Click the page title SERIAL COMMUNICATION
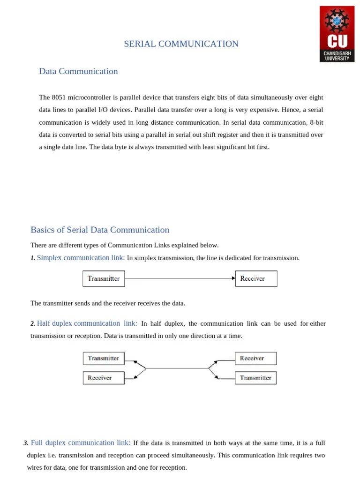tap(181, 44)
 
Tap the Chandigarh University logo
tap(337, 34)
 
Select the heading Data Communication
tap(78, 71)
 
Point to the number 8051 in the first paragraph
tap(59, 97)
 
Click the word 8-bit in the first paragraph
tap(314, 122)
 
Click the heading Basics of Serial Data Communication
tap(100, 230)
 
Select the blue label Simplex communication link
tap(81, 258)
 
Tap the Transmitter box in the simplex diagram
tap(104, 278)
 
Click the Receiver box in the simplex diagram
tap(256, 278)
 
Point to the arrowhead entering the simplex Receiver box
tap(233, 278)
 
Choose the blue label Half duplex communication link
tap(87, 323)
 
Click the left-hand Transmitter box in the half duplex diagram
tap(104, 358)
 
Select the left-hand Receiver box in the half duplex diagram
tap(104, 378)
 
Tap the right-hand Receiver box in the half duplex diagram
tap(255, 358)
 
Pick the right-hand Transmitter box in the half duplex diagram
tap(255, 378)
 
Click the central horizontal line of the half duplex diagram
tap(177, 368)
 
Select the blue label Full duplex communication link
tap(81, 442)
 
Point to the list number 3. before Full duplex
tap(26, 443)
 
